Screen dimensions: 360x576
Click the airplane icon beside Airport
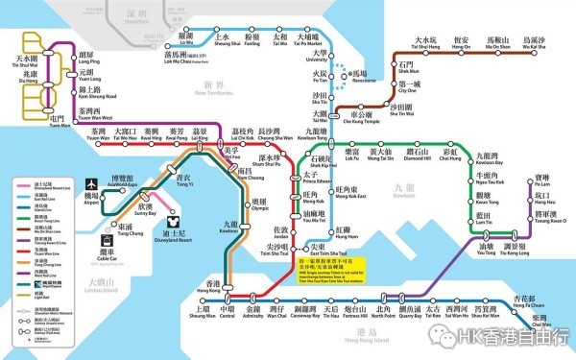(x=92, y=182)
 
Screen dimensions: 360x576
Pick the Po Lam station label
(x=543, y=182)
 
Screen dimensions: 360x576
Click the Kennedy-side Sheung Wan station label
(x=203, y=313)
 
